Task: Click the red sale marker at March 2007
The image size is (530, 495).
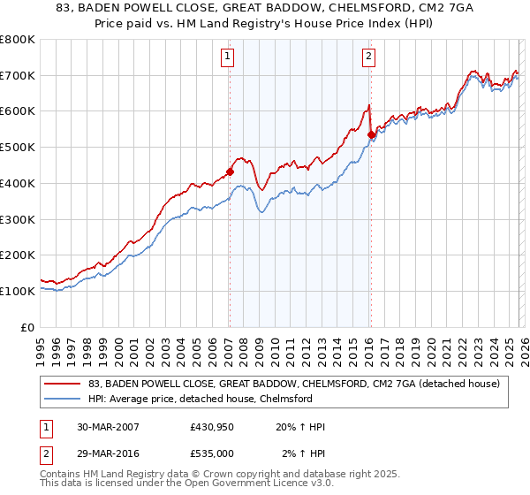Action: click(230, 172)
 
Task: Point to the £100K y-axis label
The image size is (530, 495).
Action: click(18, 291)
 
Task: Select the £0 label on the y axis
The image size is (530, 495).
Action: click(27, 327)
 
